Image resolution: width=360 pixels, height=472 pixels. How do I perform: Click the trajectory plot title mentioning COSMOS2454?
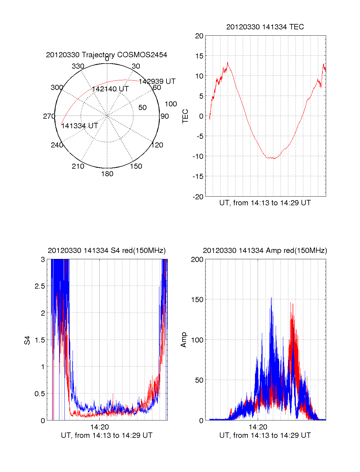[106, 55]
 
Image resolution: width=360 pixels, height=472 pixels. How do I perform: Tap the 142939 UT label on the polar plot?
[157, 82]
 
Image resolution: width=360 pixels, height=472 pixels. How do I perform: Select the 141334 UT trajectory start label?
[79, 126]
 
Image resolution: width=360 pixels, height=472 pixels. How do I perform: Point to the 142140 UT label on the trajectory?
[110, 89]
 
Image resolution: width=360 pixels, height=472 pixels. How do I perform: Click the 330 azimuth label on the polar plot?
[78, 66]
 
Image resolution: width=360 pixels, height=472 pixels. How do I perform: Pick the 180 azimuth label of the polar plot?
[107, 174]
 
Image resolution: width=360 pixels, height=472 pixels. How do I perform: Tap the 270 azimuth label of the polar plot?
[49, 116]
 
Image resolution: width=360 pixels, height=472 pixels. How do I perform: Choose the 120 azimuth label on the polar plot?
[157, 145]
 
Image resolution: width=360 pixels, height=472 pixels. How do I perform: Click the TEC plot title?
[265, 27]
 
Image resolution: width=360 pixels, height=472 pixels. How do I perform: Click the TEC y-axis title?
[185, 116]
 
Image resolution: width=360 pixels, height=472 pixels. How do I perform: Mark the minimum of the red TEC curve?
[274, 158]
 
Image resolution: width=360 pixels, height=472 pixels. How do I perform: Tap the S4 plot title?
[106, 251]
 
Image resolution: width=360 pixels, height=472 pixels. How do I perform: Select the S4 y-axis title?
[27, 340]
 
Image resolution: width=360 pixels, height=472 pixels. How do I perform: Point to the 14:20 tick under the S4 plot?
[99, 427]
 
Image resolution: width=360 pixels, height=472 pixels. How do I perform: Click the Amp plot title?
[265, 251]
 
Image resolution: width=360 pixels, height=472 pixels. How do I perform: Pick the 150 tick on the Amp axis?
[197, 300]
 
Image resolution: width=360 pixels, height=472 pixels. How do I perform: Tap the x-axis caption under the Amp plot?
[265, 435]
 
